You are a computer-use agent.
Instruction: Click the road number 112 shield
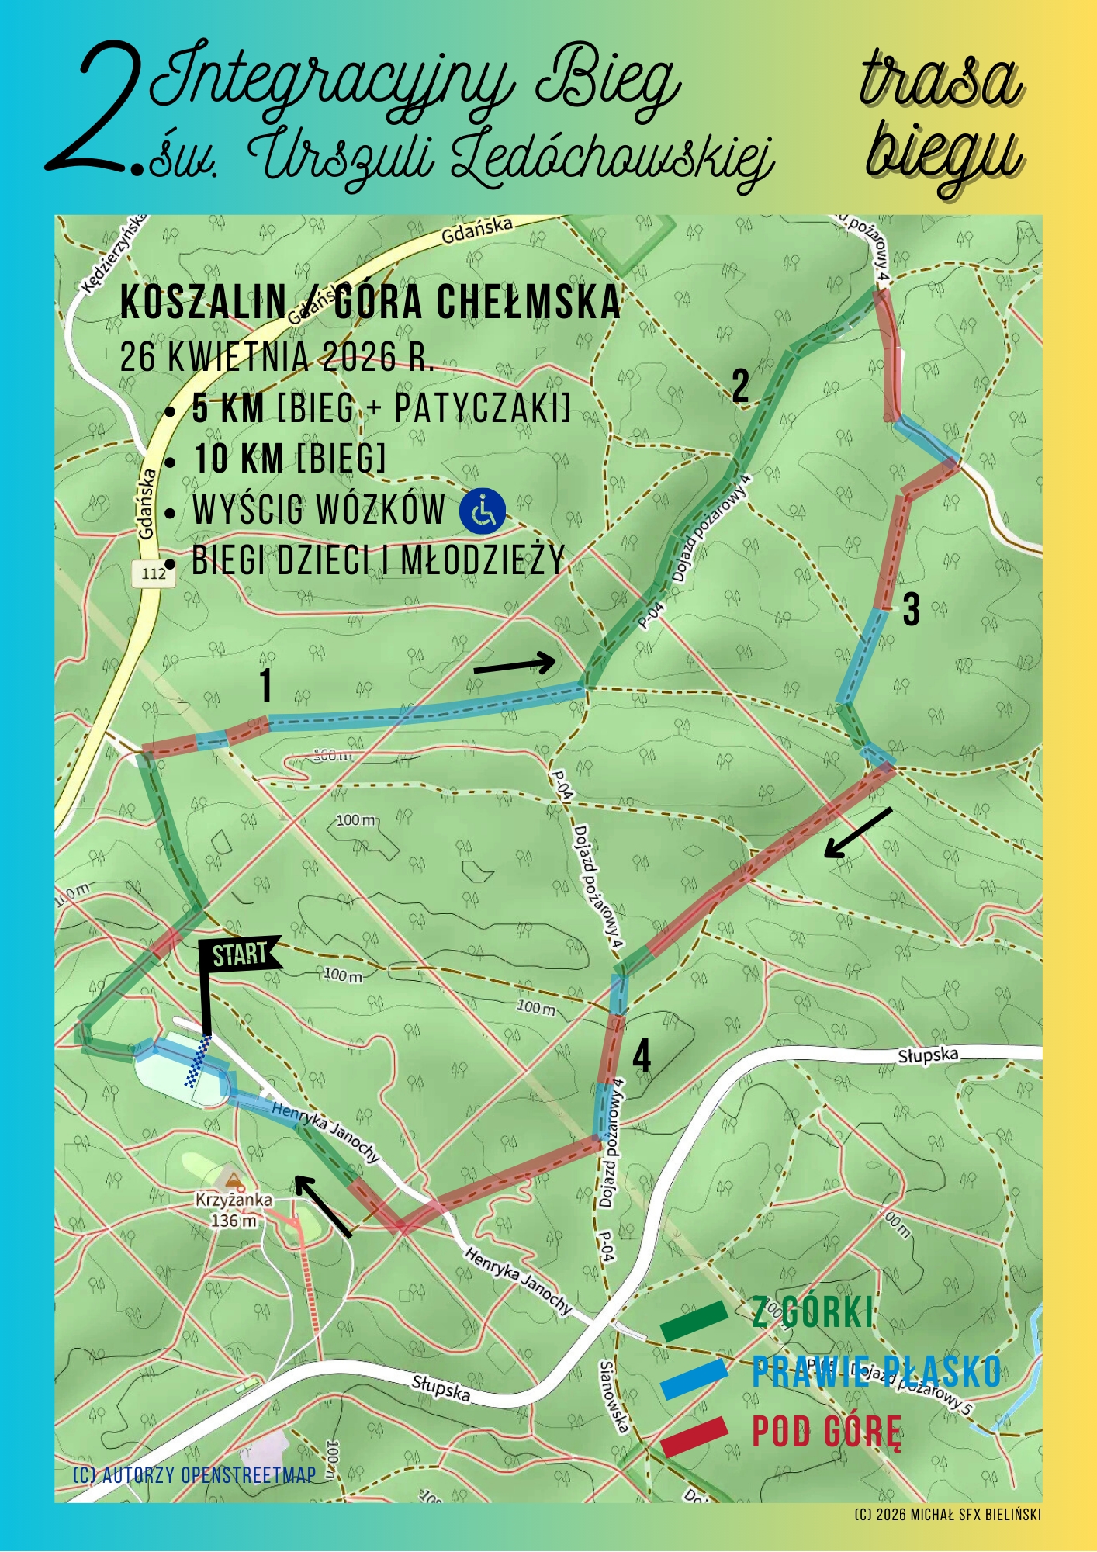tap(154, 573)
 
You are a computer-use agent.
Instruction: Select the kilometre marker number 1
tap(266, 685)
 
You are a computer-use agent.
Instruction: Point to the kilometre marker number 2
tap(741, 386)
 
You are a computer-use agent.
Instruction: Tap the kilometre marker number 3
tap(912, 609)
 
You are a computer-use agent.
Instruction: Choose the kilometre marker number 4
tap(642, 1056)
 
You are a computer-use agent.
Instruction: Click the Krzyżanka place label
tap(234, 1200)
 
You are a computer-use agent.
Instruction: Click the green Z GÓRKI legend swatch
tap(694, 1321)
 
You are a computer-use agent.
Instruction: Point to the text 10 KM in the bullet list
tap(239, 459)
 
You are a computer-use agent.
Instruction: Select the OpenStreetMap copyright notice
tap(194, 1475)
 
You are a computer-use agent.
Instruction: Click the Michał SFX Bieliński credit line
tap(947, 1515)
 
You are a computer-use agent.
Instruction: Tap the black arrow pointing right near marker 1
tap(514, 665)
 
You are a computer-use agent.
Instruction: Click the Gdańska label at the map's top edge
tap(477, 230)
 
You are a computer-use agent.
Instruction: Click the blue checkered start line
tap(197, 1062)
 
